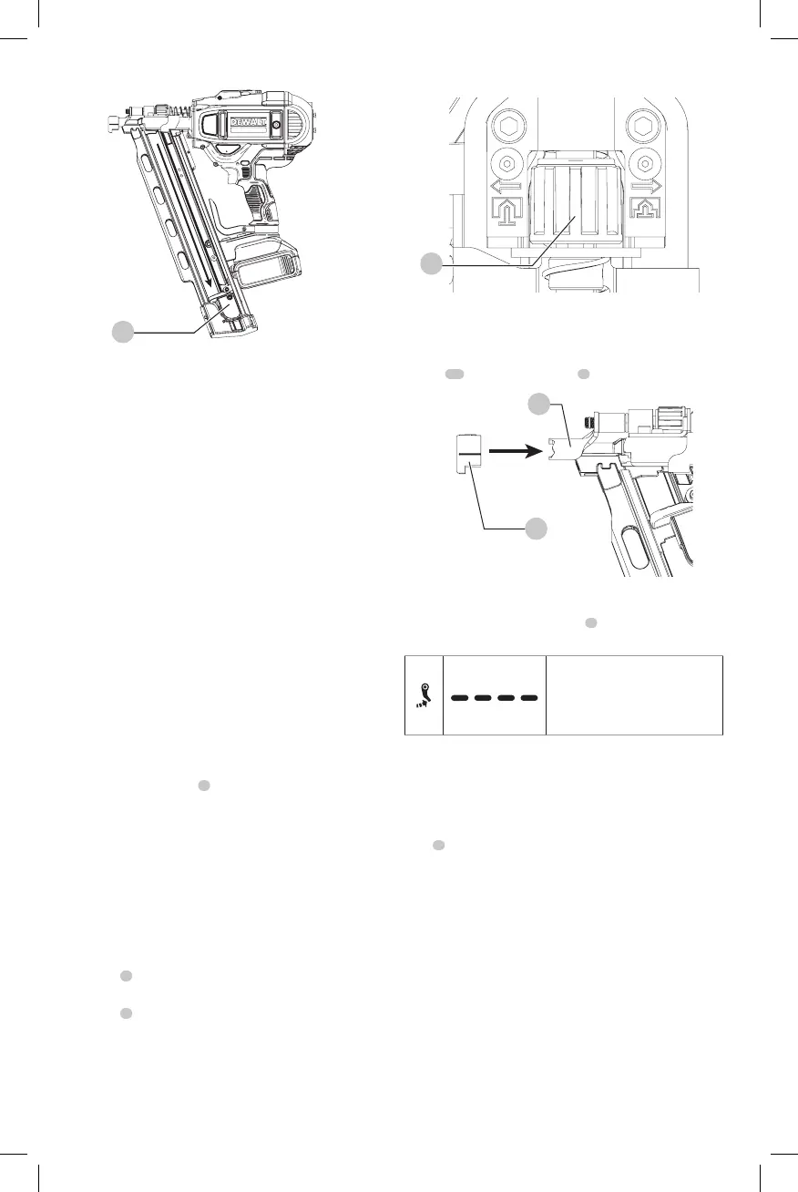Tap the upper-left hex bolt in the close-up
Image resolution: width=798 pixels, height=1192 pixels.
click(x=505, y=126)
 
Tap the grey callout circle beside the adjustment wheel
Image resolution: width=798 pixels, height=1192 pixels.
click(x=432, y=263)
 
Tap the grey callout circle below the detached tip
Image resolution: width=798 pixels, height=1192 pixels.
click(x=534, y=528)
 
